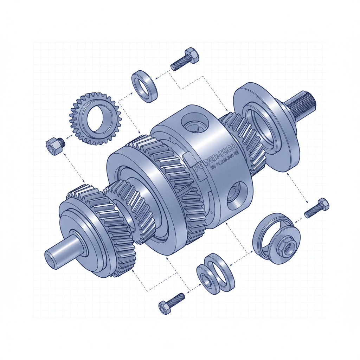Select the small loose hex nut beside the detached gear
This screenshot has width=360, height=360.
(54, 146)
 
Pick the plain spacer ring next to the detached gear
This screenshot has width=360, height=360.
(144, 86)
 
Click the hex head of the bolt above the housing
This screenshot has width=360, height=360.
(192, 56)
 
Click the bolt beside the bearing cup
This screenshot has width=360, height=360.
(317, 208)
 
